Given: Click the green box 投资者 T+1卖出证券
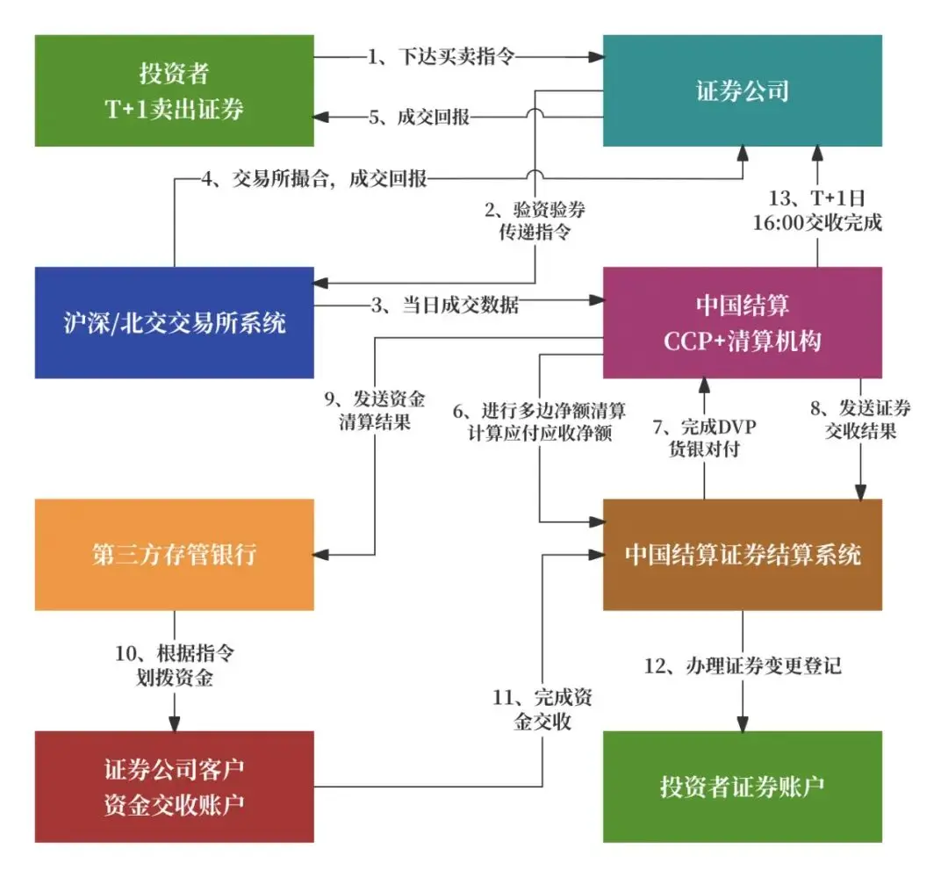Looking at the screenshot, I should click(x=175, y=90).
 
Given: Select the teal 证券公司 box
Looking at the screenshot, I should click(x=742, y=90).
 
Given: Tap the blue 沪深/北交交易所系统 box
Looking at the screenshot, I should click(x=175, y=322).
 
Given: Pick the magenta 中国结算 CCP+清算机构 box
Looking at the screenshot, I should click(x=742, y=322).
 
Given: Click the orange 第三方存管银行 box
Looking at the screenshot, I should click(x=175, y=554).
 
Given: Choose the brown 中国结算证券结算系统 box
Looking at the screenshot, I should click(x=742, y=554).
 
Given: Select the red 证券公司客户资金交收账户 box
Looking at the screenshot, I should click(x=175, y=786).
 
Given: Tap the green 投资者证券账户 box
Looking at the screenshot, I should click(x=742, y=786).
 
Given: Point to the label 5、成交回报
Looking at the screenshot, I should click(x=420, y=118).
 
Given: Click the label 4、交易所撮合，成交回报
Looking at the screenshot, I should click(x=315, y=180).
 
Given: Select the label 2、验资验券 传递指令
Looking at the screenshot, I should click(x=535, y=221).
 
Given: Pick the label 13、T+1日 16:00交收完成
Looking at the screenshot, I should click(x=817, y=212).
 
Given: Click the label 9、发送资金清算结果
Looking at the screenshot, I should click(x=375, y=408).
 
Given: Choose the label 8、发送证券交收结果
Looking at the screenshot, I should click(x=859, y=419).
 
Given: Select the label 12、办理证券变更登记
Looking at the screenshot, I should click(x=743, y=665).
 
